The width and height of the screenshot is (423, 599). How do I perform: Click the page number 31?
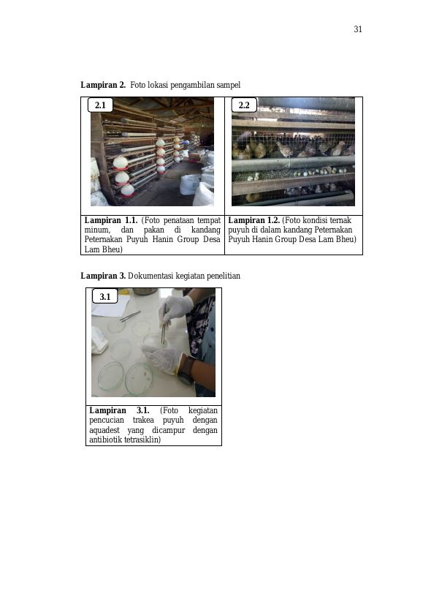(358, 29)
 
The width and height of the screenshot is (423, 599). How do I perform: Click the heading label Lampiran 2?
(103, 85)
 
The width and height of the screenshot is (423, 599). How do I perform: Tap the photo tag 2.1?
(100, 105)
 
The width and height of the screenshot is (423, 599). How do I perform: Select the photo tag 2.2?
(244, 105)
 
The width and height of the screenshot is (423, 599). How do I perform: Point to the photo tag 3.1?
(105, 296)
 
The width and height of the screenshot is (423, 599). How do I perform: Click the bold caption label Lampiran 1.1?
(110, 220)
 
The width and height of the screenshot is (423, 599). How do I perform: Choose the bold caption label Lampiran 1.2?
(254, 220)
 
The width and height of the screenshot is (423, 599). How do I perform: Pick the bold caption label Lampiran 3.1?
(119, 410)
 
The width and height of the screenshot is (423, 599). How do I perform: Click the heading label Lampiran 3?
(103, 276)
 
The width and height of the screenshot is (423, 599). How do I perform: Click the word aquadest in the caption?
(104, 430)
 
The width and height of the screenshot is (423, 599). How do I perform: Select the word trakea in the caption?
(143, 421)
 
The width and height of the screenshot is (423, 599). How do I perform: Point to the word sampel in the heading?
(229, 85)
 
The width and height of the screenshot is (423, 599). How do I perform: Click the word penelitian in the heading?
(224, 276)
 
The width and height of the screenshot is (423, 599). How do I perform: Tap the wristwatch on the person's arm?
(186, 372)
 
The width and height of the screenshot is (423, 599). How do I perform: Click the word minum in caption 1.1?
(97, 230)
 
